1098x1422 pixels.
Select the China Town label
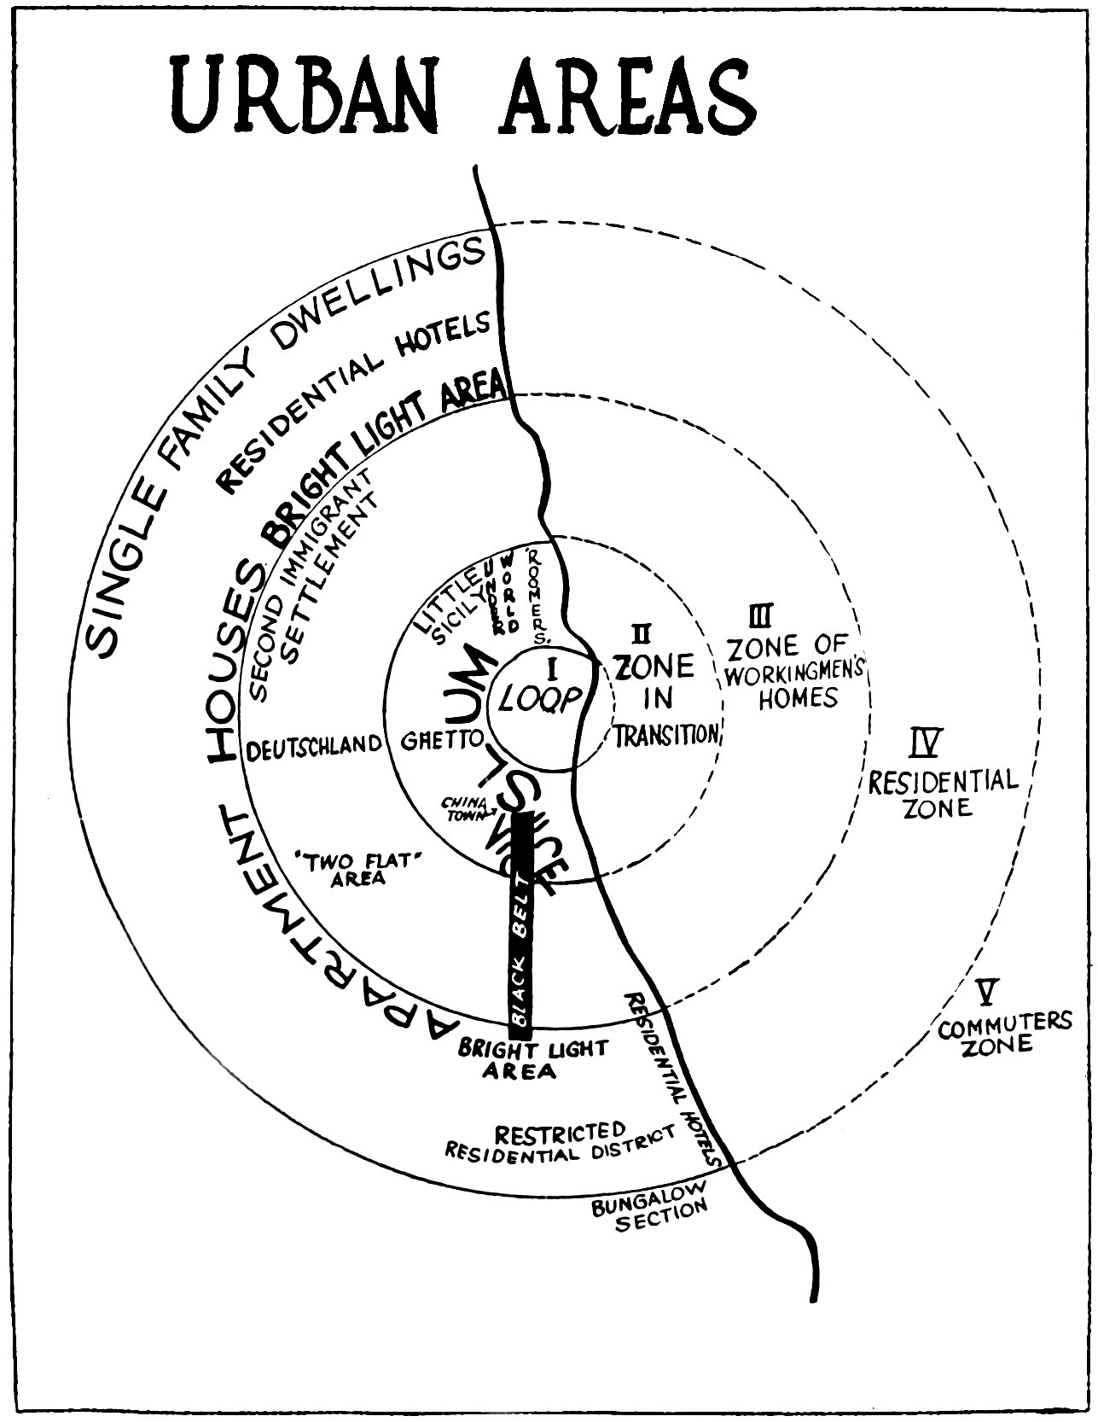click(462, 807)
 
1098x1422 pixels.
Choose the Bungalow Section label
click(650, 1213)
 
